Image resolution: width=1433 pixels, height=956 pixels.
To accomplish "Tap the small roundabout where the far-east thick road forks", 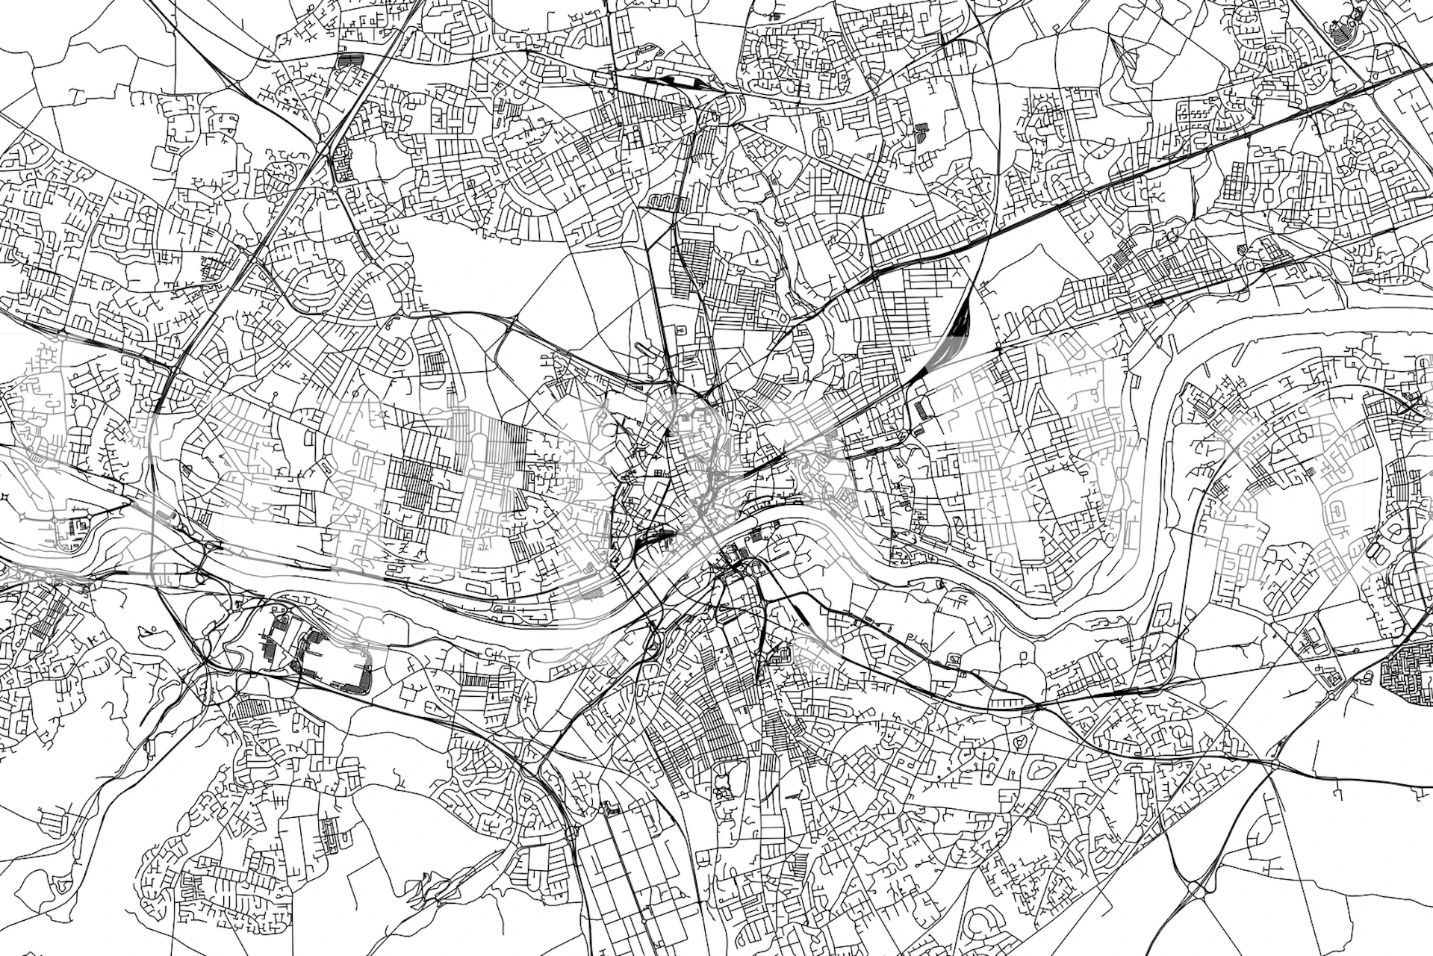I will [x=1411, y=407].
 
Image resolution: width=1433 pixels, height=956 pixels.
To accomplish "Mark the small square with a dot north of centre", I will [x=680, y=329].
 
